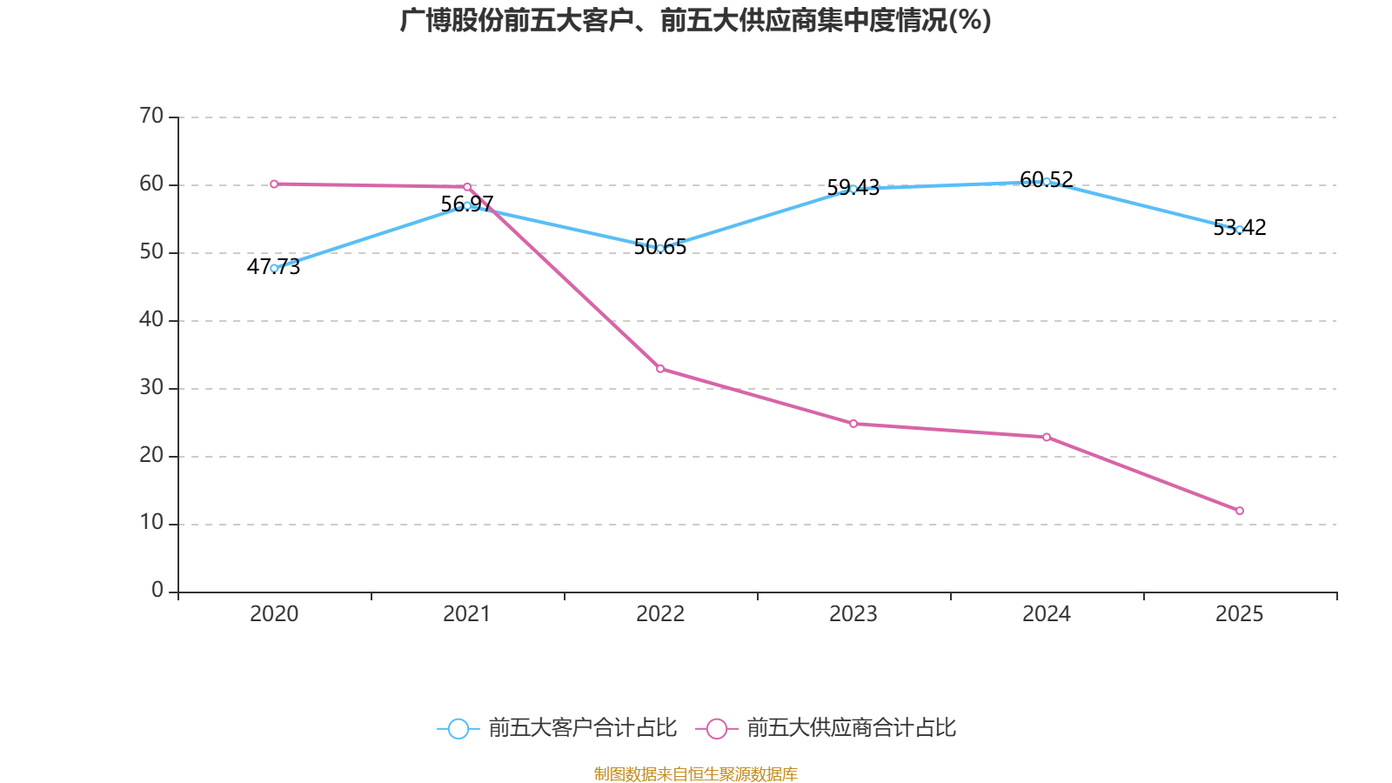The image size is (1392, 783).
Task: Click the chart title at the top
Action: click(x=695, y=20)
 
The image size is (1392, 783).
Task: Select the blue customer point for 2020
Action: click(x=274, y=268)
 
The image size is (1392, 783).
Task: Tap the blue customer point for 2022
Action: click(x=660, y=248)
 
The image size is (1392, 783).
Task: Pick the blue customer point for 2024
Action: click(x=1047, y=182)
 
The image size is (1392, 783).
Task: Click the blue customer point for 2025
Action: click(x=1240, y=230)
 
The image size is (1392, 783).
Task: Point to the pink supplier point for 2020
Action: click(x=274, y=184)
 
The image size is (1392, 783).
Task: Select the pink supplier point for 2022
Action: click(x=660, y=369)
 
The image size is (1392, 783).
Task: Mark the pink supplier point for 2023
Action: click(x=853, y=424)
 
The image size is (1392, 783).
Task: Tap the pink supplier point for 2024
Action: click(x=1047, y=437)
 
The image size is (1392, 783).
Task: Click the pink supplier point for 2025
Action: click(x=1240, y=511)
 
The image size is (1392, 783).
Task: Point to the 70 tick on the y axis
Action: click(x=151, y=117)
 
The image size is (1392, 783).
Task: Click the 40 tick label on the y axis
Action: click(x=151, y=320)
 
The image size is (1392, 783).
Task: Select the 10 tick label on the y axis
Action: click(x=151, y=523)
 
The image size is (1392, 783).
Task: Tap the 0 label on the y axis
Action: click(x=157, y=591)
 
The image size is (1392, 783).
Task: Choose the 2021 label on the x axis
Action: click(x=467, y=614)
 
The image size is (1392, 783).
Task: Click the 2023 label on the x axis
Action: click(x=853, y=614)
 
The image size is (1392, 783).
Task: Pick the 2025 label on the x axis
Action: click(x=1240, y=614)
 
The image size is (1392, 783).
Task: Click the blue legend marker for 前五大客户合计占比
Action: click(x=458, y=728)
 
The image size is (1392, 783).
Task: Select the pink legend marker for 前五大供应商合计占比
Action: click(x=716, y=728)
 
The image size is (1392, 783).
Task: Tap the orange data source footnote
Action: click(x=695, y=773)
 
